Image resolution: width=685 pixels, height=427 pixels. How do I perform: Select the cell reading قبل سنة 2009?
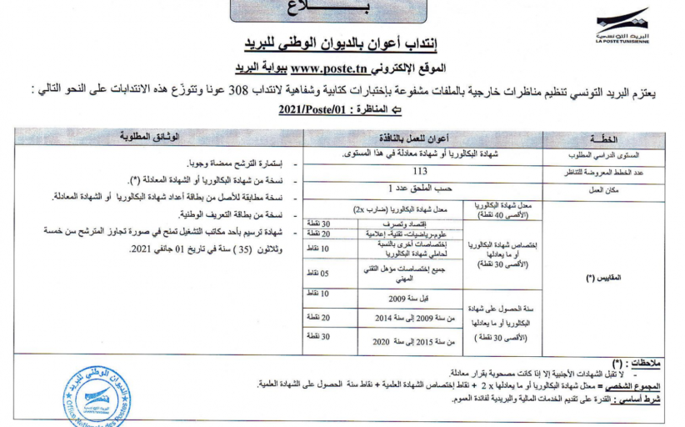pyautogui.click(x=408, y=299)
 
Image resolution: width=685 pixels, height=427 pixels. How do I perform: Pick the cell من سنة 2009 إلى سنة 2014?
pyautogui.click(x=408, y=319)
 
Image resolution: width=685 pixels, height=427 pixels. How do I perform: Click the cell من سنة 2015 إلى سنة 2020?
pyautogui.click(x=408, y=341)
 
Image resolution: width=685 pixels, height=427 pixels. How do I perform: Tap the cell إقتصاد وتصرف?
pyautogui.click(x=408, y=224)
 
